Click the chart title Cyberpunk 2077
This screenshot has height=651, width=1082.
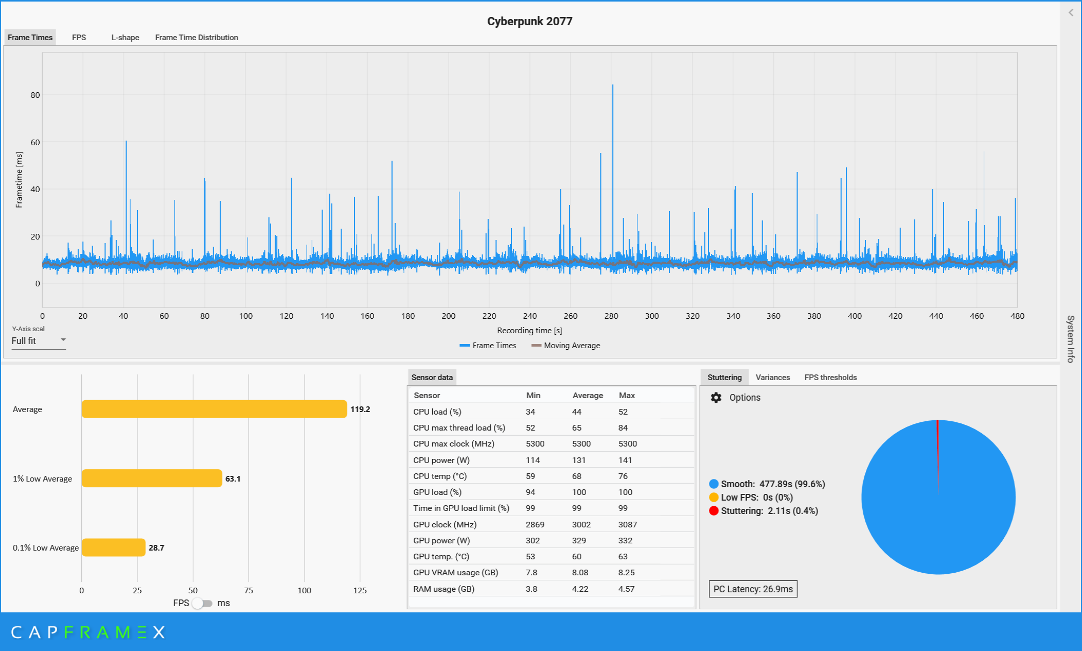tap(529, 21)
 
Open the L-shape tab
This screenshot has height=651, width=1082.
tap(125, 38)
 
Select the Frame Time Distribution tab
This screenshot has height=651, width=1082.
tap(197, 38)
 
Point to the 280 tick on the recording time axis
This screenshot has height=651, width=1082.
tap(611, 316)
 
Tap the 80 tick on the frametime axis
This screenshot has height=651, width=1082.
tap(35, 95)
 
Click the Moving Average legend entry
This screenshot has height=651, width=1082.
tap(566, 346)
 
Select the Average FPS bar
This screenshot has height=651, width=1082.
tap(214, 409)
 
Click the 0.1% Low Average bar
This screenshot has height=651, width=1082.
tap(113, 547)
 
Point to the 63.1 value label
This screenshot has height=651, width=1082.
tap(233, 478)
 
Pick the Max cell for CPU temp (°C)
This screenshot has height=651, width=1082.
tap(623, 476)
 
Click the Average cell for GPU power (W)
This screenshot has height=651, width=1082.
tap(579, 540)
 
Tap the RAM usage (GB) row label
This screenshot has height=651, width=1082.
tap(444, 589)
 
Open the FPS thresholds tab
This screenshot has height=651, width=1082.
tap(830, 378)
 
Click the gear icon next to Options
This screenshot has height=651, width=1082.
tap(716, 398)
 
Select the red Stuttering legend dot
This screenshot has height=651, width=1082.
tap(714, 511)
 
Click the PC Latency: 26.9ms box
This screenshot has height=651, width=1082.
tap(753, 589)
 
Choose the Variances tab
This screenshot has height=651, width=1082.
tap(772, 378)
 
